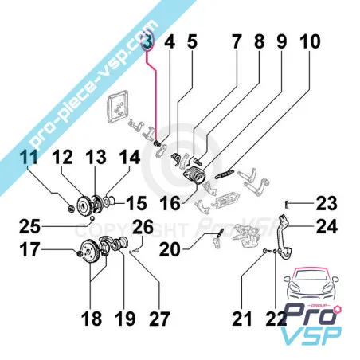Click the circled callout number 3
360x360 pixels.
coord(147,41)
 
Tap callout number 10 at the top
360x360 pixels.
coord(310,41)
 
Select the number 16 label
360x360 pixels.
coord(170,204)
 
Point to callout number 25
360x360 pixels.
coord(29,227)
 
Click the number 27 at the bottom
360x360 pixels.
coord(159,319)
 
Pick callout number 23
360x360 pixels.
coord(327,204)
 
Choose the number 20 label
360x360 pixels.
coord(170,249)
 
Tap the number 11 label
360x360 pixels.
coord(29,157)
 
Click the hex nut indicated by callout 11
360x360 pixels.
coord(71,209)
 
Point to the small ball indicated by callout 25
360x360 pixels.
coord(92,218)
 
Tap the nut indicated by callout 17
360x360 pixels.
coord(79,253)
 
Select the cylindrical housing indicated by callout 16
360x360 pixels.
coord(194,176)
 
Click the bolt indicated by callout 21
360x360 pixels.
coord(266,250)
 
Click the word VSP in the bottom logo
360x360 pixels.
coord(311,335)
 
